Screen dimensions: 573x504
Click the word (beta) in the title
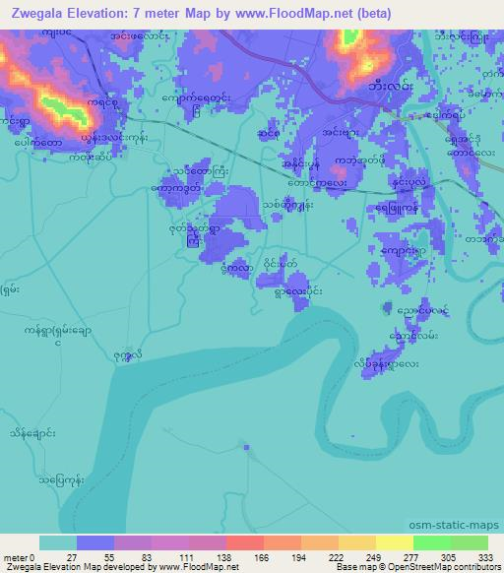point(364,14)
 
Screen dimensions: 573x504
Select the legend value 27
point(71,556)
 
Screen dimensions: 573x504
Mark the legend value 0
point(35,556)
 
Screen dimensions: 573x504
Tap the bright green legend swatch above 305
point(431,542)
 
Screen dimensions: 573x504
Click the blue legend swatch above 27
point(95,542)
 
